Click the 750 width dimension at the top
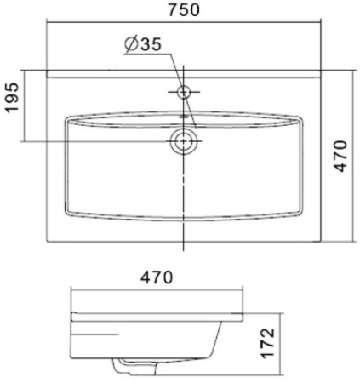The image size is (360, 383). coord(184,10)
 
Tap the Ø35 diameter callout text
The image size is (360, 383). coord(143,44)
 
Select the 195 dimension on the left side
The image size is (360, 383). coord(13,98)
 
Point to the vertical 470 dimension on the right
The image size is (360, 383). coord(340,156)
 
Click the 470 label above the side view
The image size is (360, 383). coord(157,277)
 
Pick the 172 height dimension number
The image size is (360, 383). coord(268,343)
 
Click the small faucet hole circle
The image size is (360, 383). coord(184,92)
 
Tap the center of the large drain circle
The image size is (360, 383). coord(184,141)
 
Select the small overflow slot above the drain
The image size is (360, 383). coord(184,117)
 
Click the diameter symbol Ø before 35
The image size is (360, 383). coord(131,44)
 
